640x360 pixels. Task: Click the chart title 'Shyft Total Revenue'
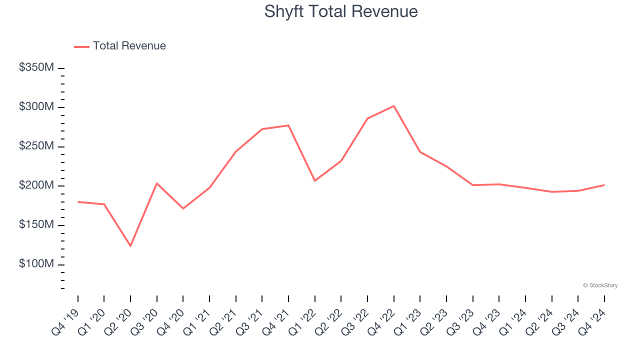pyautogui.click(x=340, y=11)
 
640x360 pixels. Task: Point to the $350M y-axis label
pyautogui.click(x=36, y=67)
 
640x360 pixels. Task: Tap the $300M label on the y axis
pyautogui.click(x=36, y=107)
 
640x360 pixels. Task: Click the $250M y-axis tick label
pyautogui.click(x=36, y=146)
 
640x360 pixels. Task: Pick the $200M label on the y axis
pyautogui.click(x=36, y=185)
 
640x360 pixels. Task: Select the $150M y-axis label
pyautogui.click(x=36, y=225)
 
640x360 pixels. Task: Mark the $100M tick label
pyautogui.click(x=36, y=264)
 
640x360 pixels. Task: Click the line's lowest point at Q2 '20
pyautogui.click(x=130, y=246)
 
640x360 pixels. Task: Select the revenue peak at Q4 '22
pyautogui.click(x=394, y=106)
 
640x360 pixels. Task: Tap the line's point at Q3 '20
pyautogui.click(x=157, y=183)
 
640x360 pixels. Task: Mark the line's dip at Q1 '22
pyautogui.click(x=315, y=180)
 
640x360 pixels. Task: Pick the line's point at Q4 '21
pyautogui.click(x=288, y=125)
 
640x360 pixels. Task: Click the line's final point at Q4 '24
pyautogui.click(x=604, y=185)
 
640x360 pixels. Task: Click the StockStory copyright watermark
pyautogui.click(x=600, y=285)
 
